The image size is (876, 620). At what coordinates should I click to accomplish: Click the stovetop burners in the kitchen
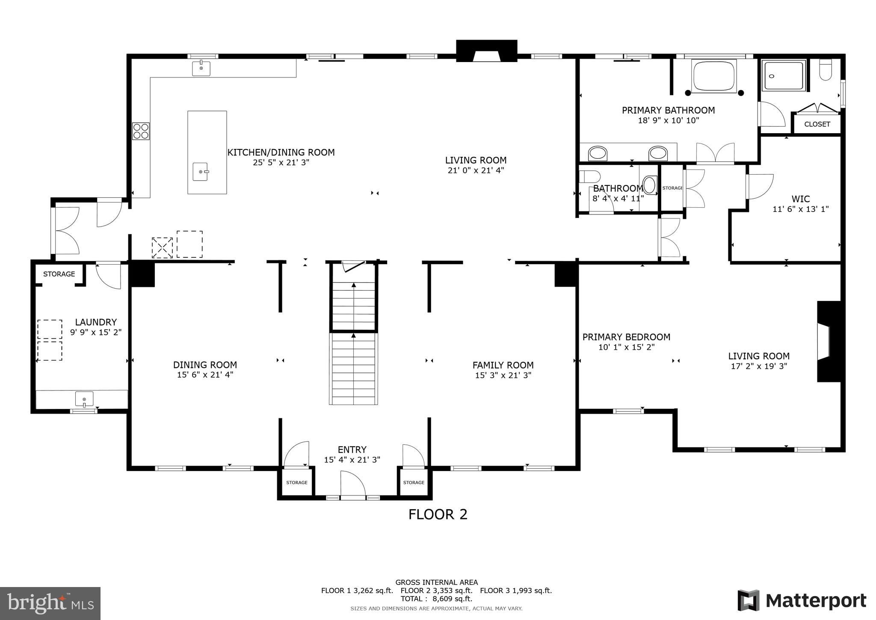[141, 131]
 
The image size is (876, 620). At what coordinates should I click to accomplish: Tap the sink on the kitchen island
[200, 172]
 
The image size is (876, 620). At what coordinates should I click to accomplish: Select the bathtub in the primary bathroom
[713, 77]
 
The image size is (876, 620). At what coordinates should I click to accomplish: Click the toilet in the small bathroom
[589, 176]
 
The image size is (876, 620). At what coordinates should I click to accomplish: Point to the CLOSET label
[817, 124]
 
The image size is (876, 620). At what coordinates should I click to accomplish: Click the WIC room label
[800, 199]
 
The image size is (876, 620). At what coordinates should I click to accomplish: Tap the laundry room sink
[84, 399]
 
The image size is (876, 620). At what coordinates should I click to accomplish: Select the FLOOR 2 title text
[438, 514]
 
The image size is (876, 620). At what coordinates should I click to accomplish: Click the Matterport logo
[802, 601]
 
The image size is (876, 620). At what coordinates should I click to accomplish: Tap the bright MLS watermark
[50, 603]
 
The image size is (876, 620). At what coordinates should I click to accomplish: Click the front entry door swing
[353, 484]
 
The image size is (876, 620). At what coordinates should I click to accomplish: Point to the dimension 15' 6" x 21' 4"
[205, 375]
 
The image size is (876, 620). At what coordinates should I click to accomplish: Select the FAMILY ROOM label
[503, 365]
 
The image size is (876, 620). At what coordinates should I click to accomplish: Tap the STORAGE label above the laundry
[59, 274]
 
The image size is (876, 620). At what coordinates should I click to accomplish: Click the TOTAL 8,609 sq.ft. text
[436, 599]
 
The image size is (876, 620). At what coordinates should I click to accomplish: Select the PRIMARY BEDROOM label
[626, 337]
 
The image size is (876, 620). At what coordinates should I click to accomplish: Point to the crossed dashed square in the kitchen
[162, 247]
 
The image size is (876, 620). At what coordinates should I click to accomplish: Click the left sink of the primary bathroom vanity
[598, 153]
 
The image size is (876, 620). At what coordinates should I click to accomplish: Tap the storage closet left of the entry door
[297, 483]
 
